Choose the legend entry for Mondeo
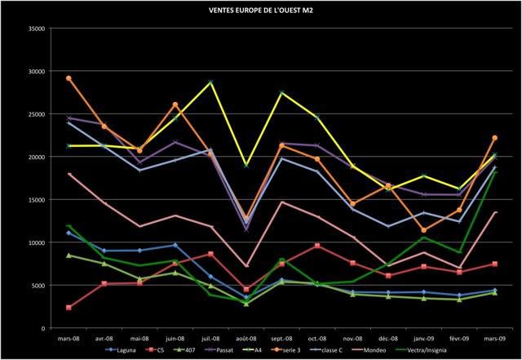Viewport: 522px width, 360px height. tap(384, 349)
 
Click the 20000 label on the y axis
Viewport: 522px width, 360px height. tap(34, 157)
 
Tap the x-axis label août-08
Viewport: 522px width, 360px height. tap(246, 337)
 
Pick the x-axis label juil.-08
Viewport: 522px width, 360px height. tap(210, 337)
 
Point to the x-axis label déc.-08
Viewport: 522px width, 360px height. tap(387, 337)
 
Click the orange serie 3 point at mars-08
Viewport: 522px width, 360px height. tap(69, 78)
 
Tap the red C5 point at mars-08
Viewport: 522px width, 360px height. tap(69, 308)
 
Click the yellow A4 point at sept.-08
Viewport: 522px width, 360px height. tap(281, 92)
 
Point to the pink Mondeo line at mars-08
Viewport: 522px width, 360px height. tap(69, 174)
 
